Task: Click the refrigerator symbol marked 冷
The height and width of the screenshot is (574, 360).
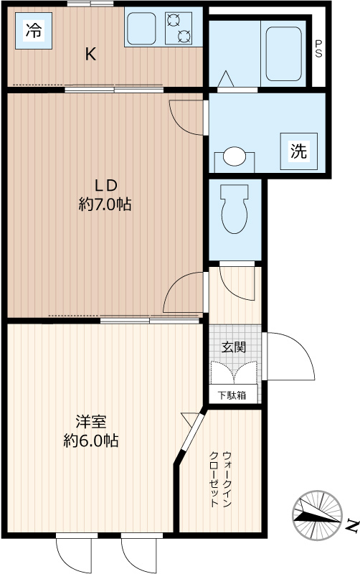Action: tap(33, 31)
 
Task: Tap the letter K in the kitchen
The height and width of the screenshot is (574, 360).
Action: tap(90, 54)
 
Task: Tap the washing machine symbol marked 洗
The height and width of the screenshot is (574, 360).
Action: tap(298, 151)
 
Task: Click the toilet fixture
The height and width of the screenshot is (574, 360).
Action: tap(235, 208)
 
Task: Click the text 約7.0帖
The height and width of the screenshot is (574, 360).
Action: tap(105, 204)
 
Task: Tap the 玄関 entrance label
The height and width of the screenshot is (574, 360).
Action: tap(234, 347)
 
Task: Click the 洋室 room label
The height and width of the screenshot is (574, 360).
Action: tap(91, 420)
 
